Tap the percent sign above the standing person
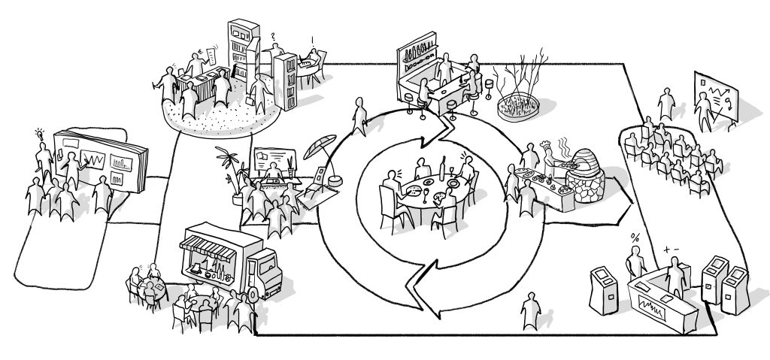(635, 238)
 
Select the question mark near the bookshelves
(272, 35)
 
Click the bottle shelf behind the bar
(418, 54)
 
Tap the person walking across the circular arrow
(360, 113)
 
